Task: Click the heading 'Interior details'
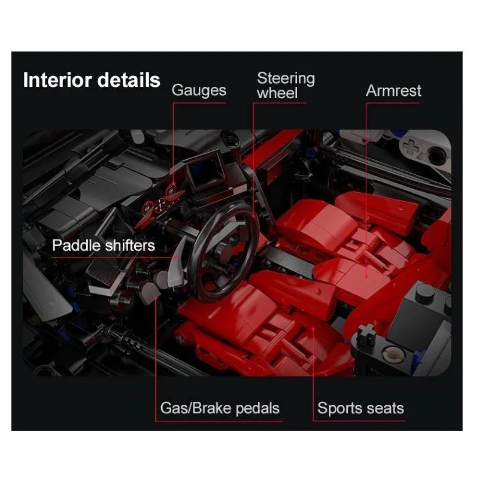click(92, 80)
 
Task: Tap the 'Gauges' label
click(199, 90)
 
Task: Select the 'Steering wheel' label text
click(286, 86)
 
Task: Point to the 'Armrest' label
click(393, 90)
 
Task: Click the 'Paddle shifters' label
click(103, 245)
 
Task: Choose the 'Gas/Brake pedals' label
click(220, 408)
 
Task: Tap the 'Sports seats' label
click(360, 408)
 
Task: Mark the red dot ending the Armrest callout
click(366, 276)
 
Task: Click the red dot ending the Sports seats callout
click(313, 329)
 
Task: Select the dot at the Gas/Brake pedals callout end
click(156, 297)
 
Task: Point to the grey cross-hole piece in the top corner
click(411, 147)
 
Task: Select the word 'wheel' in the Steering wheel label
click(277, 93)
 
